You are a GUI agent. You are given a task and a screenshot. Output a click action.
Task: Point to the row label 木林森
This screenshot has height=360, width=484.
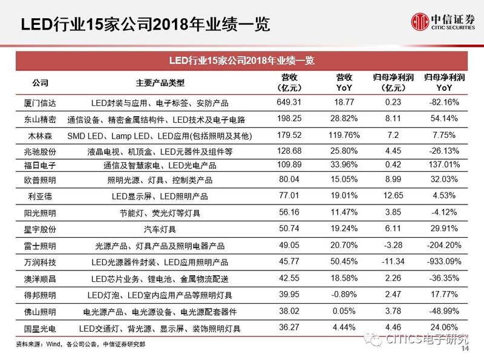click(40, 134)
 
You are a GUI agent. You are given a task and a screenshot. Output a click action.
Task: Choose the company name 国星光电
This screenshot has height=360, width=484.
click(40, 328)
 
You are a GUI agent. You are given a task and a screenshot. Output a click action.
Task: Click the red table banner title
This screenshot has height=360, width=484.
click(241, 61)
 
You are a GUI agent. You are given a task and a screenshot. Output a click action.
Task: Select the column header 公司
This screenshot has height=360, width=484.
click(40, 83)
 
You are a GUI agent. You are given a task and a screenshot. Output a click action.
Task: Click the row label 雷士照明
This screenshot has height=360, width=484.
click(40, 246)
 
